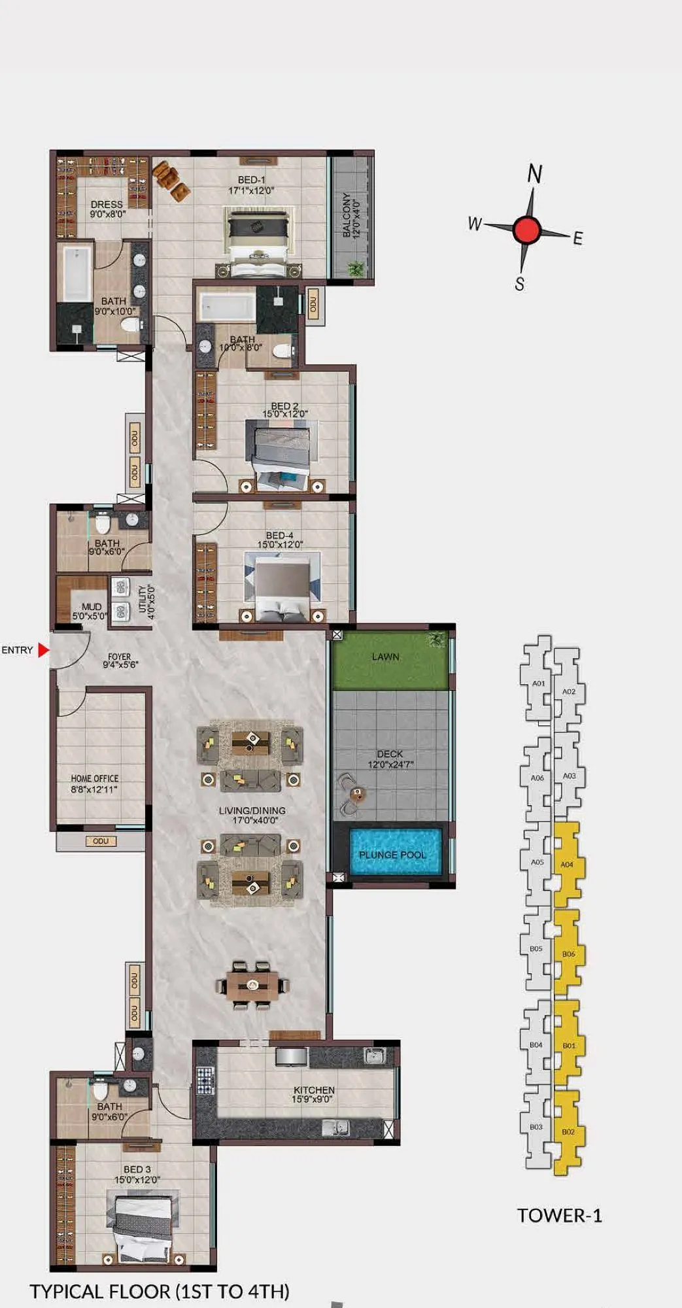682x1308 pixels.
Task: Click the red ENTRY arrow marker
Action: click(43, 650)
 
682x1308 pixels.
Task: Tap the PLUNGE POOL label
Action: click(392, 855)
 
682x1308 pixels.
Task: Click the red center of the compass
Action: click(526, 230)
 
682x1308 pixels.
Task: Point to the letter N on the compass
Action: click(535, 174)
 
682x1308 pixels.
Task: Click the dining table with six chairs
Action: click(253, 985)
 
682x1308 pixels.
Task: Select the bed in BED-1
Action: click(258, 241)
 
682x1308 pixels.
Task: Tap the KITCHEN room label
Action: click(314, 1090)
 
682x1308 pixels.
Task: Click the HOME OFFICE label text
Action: click(95, 779)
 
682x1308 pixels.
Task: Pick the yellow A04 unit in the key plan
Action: click(567, 864)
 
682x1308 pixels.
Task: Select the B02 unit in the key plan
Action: click(568, 1131)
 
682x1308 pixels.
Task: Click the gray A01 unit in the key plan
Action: click(537, 683)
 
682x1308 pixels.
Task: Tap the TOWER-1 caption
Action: click(559, 1215)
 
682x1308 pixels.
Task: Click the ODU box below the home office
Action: click(101, 841)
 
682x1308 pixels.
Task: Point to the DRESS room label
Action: click(107, 205)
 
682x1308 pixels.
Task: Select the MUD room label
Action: click(91, 607)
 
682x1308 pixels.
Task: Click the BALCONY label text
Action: click(347, 216)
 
